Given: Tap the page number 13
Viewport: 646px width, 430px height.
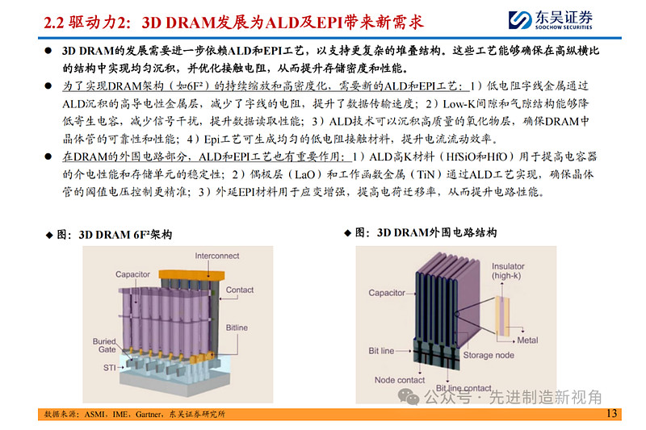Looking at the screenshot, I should coord(610,414).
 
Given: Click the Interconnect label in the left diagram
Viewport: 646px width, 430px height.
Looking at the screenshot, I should coord(217,256).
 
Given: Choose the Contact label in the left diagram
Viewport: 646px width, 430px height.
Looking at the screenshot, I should coord(240,290).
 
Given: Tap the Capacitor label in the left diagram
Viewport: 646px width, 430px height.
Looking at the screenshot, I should coord(132,274).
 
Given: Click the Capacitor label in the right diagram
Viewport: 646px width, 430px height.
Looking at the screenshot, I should coord(386,292).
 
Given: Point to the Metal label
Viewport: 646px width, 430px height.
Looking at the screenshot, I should coord(528,341).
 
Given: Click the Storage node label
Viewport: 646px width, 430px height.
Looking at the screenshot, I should coord(489,354).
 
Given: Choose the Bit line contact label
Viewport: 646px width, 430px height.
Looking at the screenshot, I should coord(462,388).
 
